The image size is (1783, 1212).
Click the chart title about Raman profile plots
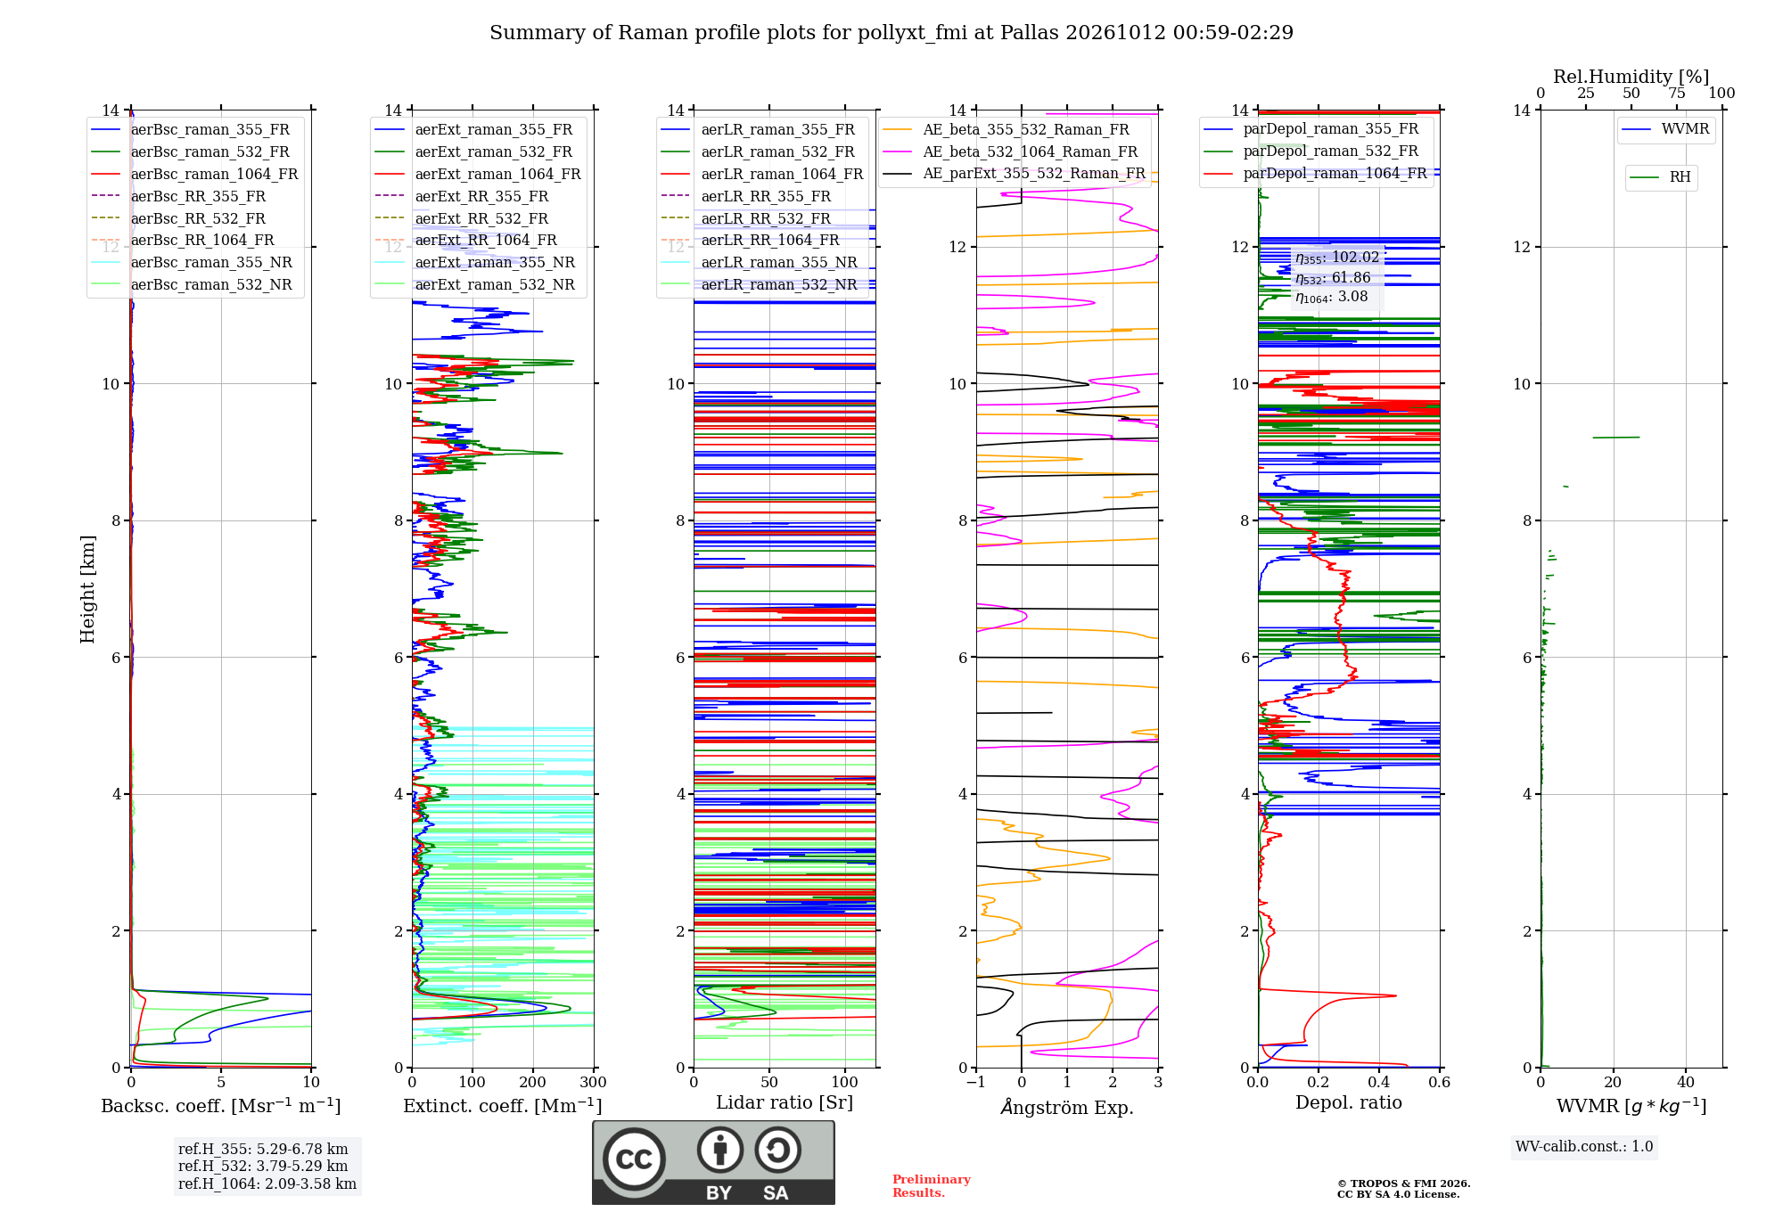tap(891, 33)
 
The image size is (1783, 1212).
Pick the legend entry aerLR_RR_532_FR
tap(766, 218)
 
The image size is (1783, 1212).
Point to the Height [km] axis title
tap(87, 589)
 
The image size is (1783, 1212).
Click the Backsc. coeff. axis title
tap(221, 1106)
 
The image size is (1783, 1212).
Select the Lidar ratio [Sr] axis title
tap(785, 1103)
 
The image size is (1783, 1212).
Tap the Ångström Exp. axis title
tap(1067, 1107)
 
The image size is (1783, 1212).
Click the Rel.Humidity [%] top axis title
tap(1631, 77)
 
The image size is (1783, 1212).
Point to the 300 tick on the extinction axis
tap(594, 1083)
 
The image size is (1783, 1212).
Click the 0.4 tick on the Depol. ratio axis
tap(1379, 1083)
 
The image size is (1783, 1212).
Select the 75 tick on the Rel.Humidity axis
tap(1677, 94)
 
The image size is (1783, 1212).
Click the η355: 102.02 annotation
tap(1337, 258)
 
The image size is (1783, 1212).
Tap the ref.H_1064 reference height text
tap(267, 1184)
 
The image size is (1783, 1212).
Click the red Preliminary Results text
tap(932, 1186)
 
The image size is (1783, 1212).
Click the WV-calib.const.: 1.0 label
tap(1584, 1147)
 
